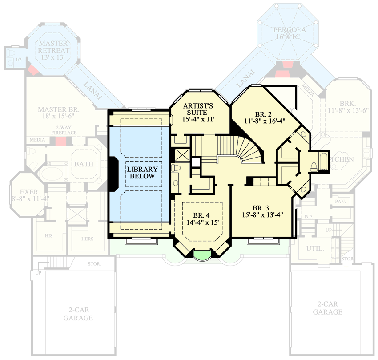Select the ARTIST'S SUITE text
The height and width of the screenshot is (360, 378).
coord(199,110)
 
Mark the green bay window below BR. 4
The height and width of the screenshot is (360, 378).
coord(202,255)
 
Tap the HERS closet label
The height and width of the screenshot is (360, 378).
coord(88,239)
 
